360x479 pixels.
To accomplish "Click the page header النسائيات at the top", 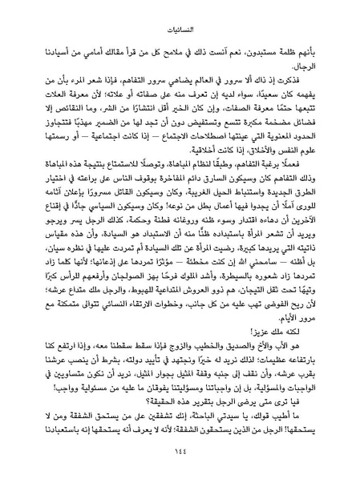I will tap(180, 12).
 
